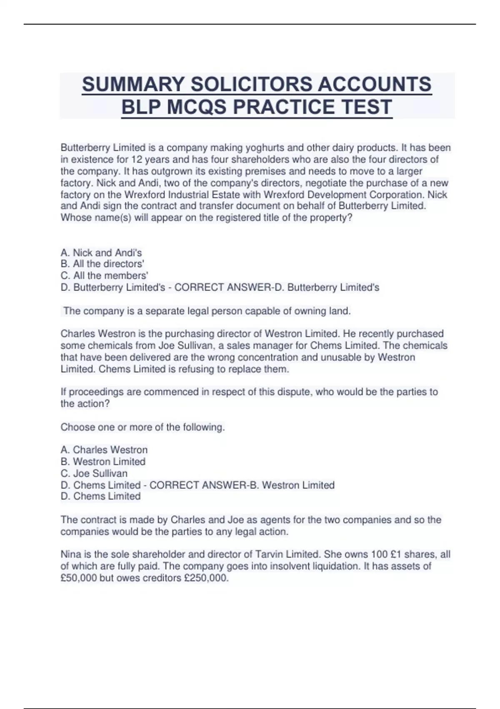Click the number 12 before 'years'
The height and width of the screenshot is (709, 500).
[137, 159]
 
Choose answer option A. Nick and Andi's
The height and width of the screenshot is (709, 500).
[101, 253]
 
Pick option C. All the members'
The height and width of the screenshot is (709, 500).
[104, 276]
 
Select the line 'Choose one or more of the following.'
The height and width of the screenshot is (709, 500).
[142, 427]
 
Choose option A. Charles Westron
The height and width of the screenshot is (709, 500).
[104, 450]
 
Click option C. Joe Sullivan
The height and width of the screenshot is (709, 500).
[94, 473]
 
